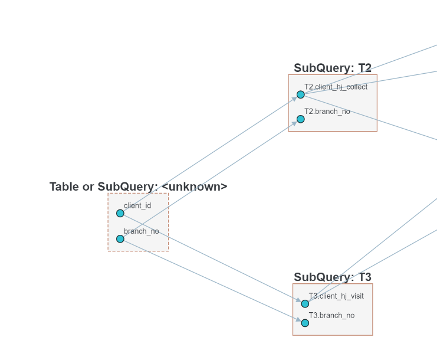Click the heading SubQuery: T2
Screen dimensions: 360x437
[x=333, y=68]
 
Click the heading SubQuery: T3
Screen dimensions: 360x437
[x=333, y=277]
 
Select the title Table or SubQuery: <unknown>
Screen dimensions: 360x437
[x=138, y=186]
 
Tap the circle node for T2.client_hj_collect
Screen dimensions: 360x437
[x=301, y=94]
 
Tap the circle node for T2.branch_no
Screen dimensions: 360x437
[x=301, y=119]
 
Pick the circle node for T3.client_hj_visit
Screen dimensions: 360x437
[x=305, y=304]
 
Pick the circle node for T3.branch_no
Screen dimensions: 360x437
[x=305, y=323]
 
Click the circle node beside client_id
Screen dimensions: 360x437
[x=120, y=213]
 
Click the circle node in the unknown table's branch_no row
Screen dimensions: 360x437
[x=120, y=239]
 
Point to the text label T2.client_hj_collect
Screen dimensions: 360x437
[x=336, y=87]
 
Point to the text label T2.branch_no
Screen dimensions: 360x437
[x=327, y=112]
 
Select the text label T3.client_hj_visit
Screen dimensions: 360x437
[x=336, y=296]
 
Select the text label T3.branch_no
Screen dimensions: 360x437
[x=331, y=315]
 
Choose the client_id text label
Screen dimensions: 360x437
[x=137, y=205]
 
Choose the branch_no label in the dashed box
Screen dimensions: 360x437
[x=142, y=231]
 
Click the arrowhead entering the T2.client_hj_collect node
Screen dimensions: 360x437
[x=294, y=98]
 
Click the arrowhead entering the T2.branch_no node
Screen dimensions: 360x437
[x=294, y=123]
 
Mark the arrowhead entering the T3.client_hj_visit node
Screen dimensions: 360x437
[x=298, y=301]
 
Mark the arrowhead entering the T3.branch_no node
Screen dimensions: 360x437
[x=298, y=320]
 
